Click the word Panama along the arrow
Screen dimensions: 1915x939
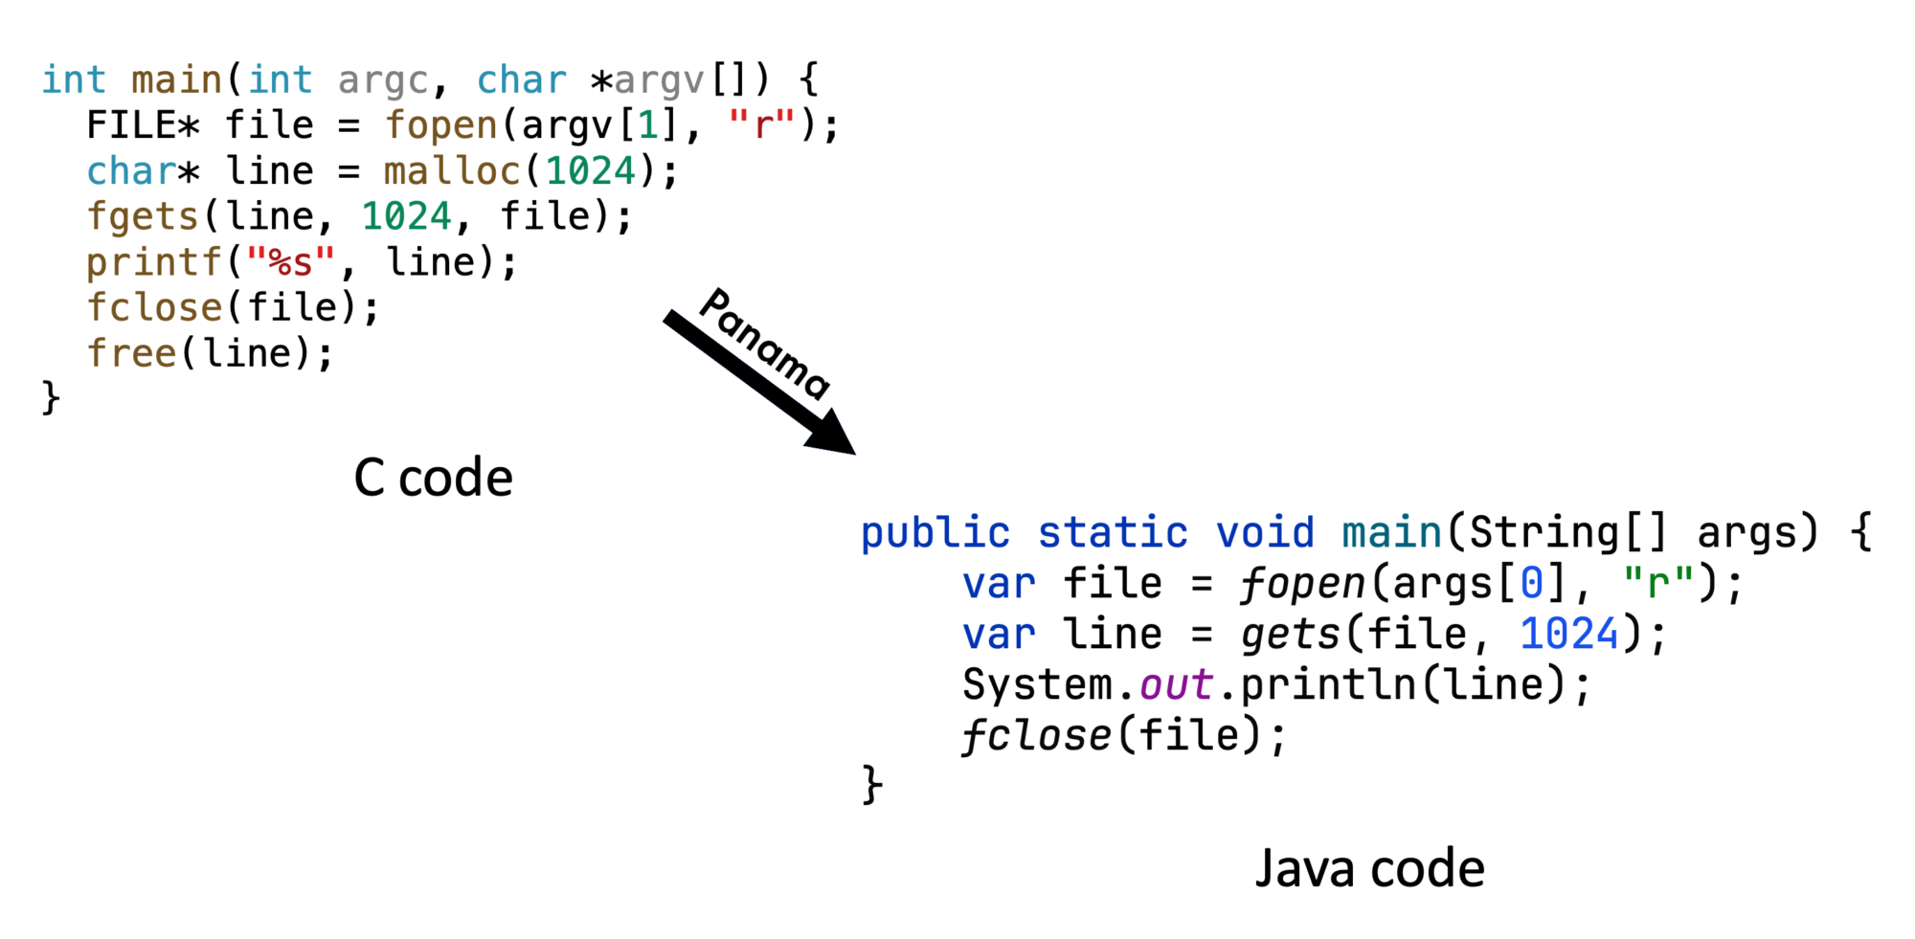(764, 343)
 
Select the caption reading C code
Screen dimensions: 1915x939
(433, 478)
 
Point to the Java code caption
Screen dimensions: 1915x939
(1369, 868)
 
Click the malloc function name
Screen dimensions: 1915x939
(452, 171)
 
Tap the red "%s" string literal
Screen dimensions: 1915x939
(291, 260)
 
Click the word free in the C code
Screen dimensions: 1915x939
(131, 353)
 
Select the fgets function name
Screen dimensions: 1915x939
(142, 217)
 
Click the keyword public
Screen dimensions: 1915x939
(935, 533)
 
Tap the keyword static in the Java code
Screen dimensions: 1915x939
(1113, 533)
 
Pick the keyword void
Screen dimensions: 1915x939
(1265, 533)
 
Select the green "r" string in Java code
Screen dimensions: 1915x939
(1658, 581)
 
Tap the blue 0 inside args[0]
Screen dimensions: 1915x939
(1532, 583)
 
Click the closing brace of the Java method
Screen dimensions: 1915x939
(871, 785)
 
